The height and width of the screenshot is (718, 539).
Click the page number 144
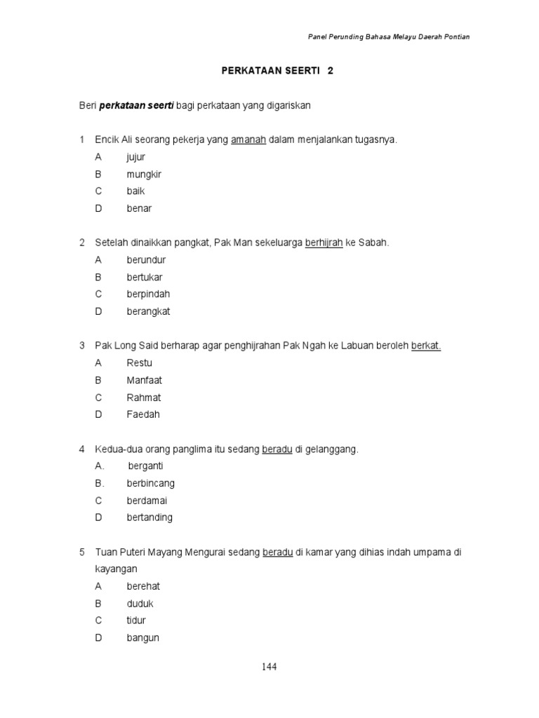[269, 667]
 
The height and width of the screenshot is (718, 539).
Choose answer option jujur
[136, 157]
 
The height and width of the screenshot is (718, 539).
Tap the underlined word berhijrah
[324, 243]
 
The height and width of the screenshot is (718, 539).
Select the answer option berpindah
[148, 294]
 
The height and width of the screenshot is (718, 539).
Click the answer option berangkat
[148, 311]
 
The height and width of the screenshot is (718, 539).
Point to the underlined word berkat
[425, 346]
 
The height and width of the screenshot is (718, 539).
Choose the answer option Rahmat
[144, 398]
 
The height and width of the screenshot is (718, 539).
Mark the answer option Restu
[139, 363]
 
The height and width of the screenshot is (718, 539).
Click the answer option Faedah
[143, 414]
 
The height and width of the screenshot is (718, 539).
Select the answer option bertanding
[149, 517]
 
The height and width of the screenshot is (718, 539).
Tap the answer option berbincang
[151, 483]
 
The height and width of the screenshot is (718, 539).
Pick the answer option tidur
[136, 621]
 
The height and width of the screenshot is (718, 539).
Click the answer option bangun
[143, 638]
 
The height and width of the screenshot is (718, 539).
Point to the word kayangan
[117, 569]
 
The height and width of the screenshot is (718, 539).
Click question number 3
[81, 346]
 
